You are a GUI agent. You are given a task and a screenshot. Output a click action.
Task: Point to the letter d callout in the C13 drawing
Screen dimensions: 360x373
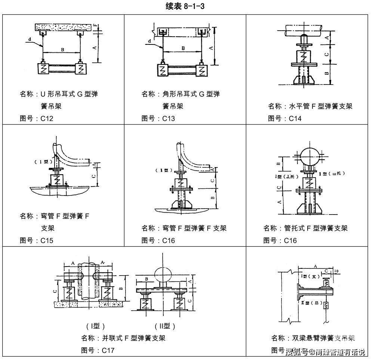tap(149, 41)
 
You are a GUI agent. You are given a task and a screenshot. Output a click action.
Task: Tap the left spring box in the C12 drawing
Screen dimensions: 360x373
tap(44, 69)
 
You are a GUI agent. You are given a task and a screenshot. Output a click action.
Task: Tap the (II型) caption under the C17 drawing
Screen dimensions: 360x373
tap(165, 326)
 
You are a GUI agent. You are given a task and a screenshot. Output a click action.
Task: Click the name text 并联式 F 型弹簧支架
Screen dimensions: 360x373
tap(133, 338)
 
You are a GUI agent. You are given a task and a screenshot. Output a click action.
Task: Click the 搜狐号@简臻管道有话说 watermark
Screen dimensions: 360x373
tap(325, 352)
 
